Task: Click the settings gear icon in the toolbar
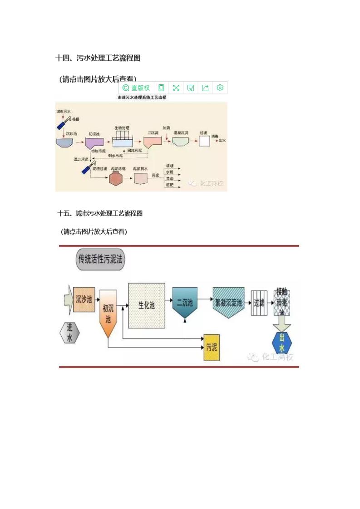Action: (220, 88)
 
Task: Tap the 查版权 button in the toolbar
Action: (136, 88)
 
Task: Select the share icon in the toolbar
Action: (205, 88)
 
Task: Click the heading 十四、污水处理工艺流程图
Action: (98, 58)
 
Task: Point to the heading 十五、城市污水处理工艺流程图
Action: (100, 213)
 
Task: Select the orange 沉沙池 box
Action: (84, 299)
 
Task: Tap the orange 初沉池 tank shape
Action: (108, 313)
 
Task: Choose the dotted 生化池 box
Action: (147, 305)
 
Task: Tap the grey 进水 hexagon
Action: (69, 333)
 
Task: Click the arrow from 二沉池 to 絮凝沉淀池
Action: (204, 299)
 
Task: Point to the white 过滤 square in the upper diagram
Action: (204, 141)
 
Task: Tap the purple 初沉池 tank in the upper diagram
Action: (92, 142)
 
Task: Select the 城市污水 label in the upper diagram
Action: (63, 111)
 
